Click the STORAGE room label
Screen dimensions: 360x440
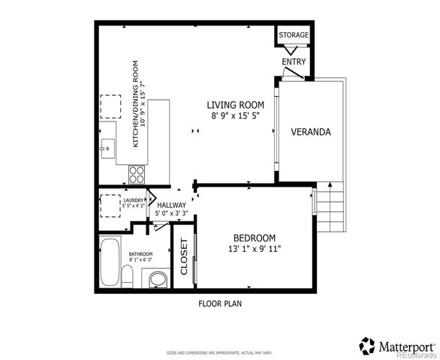pos(294,35)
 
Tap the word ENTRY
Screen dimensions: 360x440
pos(294,62)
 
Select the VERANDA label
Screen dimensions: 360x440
pos(311,132)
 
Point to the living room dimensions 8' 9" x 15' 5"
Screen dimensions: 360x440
pos(234,116)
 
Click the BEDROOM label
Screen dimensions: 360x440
pos(254,237)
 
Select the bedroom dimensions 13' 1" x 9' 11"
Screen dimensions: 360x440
pos(255,248)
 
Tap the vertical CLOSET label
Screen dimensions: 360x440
pos(184,258)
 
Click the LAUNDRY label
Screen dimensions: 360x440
pos(134,199)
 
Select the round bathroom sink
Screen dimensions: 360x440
pos(158,280)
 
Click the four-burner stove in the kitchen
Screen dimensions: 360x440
pos(137,175)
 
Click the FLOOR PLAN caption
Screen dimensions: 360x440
pos(219,304)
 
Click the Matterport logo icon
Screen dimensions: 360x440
pos(367,346)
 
